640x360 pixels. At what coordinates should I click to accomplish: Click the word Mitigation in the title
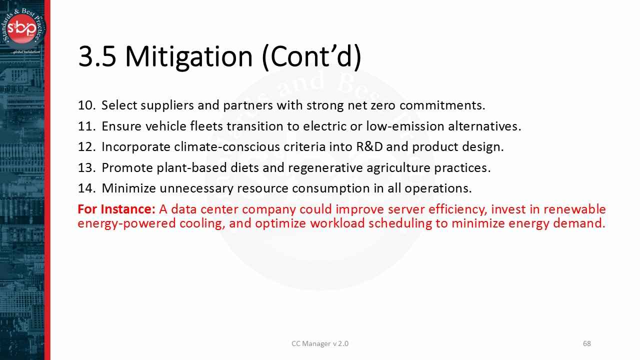click(189, 56)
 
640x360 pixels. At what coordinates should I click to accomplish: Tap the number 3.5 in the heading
click(97, 56)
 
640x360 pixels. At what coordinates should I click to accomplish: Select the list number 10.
click(86, 105)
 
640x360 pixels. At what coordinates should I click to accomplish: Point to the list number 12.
click(86, 147)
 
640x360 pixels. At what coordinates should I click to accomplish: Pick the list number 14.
click(86, 188)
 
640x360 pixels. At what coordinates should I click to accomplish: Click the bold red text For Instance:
click(116, 209)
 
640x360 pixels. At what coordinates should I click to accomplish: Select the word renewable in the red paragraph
click(574, 209)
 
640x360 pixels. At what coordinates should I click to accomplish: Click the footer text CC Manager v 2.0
click(320, 343)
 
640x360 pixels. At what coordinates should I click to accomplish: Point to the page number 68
click(587, 343)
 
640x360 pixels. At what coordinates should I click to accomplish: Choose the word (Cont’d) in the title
click(311, 56)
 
